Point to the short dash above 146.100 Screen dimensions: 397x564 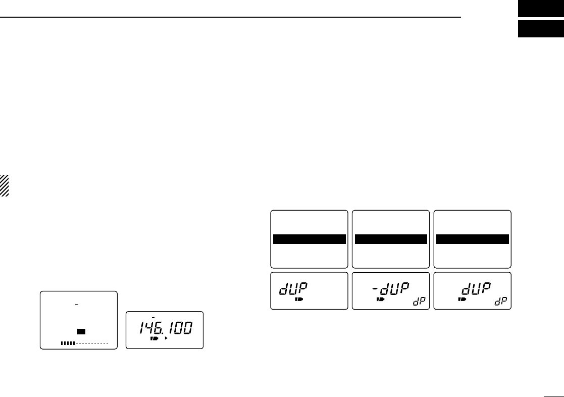point(153,318)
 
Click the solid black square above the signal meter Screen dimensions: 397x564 point(81,331)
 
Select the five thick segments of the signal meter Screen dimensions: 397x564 point(68,343)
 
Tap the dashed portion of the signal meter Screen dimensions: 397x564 point(92,343)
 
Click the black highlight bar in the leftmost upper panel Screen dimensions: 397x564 point(309,239)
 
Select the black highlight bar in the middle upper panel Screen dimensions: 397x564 point(391,239)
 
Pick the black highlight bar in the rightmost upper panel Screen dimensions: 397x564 point(473,239)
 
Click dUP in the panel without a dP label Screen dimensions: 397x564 point(293,289)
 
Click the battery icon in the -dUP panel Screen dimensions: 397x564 point(380,300)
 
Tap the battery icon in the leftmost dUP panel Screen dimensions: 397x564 point(298,300)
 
